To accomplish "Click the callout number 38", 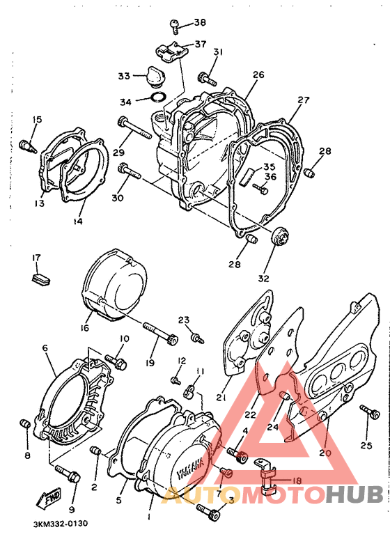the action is (200, 23).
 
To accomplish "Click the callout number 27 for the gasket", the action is (304, 100).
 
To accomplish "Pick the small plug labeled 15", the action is (28, 146).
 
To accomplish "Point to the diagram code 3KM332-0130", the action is (60, 524).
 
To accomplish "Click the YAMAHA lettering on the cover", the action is (190, 469).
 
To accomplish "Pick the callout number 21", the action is (221, 397).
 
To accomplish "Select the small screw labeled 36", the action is (260, 188).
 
